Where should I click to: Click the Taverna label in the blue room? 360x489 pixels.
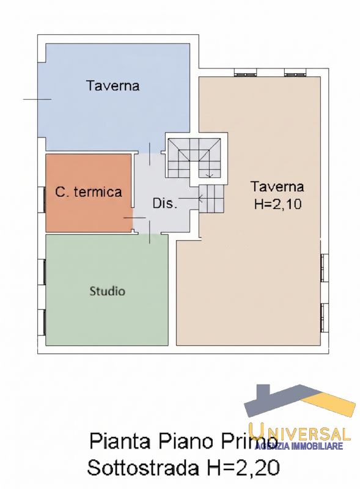click(x=112, y=86)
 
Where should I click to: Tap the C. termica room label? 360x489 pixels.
click(x=89, y=192)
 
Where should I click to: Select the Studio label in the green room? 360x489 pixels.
click(x=108, y=292)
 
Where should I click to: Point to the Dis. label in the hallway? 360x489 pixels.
click(x=164, y=204)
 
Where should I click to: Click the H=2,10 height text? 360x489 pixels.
click(x=277, y=204)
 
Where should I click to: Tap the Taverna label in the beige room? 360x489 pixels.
click(x=277, y=187)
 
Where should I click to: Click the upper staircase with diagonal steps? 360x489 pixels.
click(x=194, y=158)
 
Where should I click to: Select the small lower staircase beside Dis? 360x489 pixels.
click(x=211, y=198)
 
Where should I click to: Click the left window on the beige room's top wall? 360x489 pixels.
click(x=245, y=73)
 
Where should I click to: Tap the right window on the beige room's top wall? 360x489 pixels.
click(x=295, y=73)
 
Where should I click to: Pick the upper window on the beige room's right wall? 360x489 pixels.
click(x=325, y=268)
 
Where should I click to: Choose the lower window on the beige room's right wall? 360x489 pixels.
click(x=325, y=317)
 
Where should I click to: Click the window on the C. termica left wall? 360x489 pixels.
click(x=42, y=200)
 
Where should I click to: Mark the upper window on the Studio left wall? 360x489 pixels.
click(x=42, y=271)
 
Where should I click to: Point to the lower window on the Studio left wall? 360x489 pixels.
click(x=42, y=322)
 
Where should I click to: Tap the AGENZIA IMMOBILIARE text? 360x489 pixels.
click(x=299, y=446)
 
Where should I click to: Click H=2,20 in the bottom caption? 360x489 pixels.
click(x=242, y=468)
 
